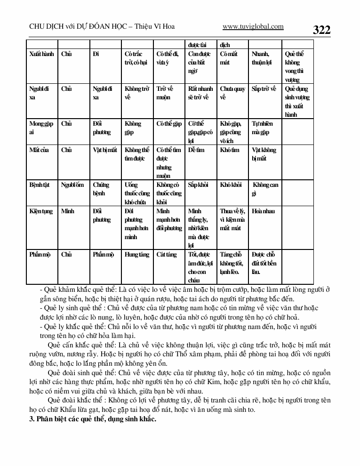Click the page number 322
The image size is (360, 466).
322,30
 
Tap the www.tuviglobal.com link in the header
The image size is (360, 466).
253,27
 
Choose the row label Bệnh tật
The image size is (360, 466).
40,185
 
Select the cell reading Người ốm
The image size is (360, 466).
72,185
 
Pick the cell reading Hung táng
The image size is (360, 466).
137,255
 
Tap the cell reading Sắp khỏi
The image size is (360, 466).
198,185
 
